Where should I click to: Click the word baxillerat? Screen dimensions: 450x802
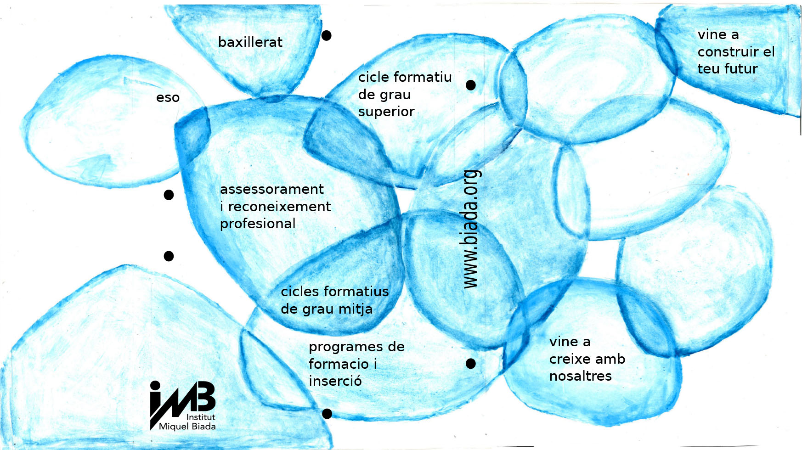pyautogui.click(x=250, y=42)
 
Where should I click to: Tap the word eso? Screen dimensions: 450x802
pyautogui.click(x=168, y=98)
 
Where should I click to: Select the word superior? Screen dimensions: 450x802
pyautogui.click(x=386, y=112)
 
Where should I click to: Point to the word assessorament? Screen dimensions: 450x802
pyautogui.click(x=272, y=189)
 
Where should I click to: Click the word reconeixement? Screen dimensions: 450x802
pyautogui.click(x=279, y=207)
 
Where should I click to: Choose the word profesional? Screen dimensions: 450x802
pyautogui.click(x=258, y=224)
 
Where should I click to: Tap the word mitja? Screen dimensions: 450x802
pyautogui.click(x=356, y=309)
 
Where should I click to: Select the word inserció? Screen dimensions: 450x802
pyautogui.click(x=335, y=381)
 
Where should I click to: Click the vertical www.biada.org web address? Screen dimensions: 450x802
pyautogui.click(x=470, y=229)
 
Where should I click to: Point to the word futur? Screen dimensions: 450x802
pyautogui.click(x=740, y=69)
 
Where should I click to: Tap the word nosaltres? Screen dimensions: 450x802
pyautogui.click(x=581, y=376)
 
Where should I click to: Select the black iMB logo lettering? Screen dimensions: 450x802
pyautogui.click(x=183, y=399)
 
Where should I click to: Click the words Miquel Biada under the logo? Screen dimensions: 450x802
pyautogui.click(x=187, y=427)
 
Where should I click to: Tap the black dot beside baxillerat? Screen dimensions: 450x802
pyautogui.click(x=327, y=35)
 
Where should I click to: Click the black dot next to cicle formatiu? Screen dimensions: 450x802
pyautogui.click(x=471, y=85)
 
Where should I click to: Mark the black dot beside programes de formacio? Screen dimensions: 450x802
pyautogui.click(x=471, y=364)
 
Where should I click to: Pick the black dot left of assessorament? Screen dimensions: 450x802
pyautogui.click(x=169, y=195)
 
